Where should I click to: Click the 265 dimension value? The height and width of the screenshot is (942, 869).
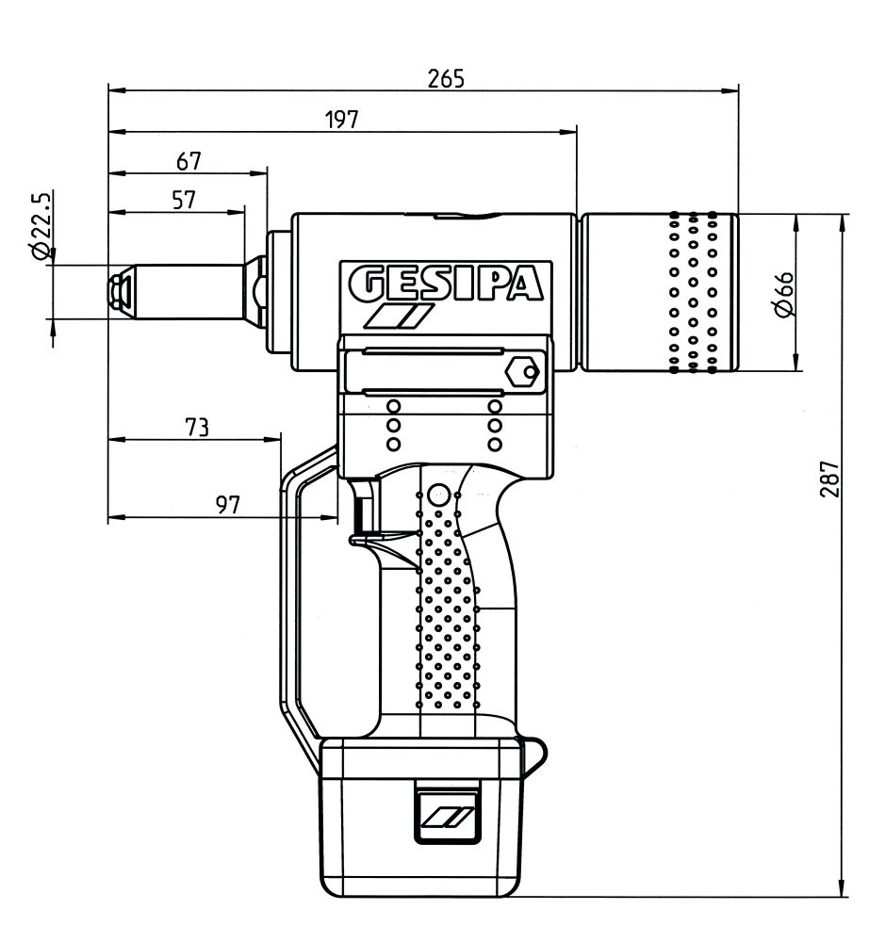[446, 78]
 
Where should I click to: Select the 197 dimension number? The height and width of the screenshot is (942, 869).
[342, 119]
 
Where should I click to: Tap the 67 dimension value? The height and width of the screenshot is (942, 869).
[189, 161]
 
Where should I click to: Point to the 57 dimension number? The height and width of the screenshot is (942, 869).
[184, 199]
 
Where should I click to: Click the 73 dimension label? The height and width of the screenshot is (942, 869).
[195, 428]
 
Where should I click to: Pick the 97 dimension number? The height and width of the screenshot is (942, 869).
[228, 505]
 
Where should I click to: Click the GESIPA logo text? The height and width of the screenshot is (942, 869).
[446, 283]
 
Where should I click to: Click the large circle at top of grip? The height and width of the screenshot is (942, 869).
[437, 495]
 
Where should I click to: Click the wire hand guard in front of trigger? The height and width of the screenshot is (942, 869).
[292, 603]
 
